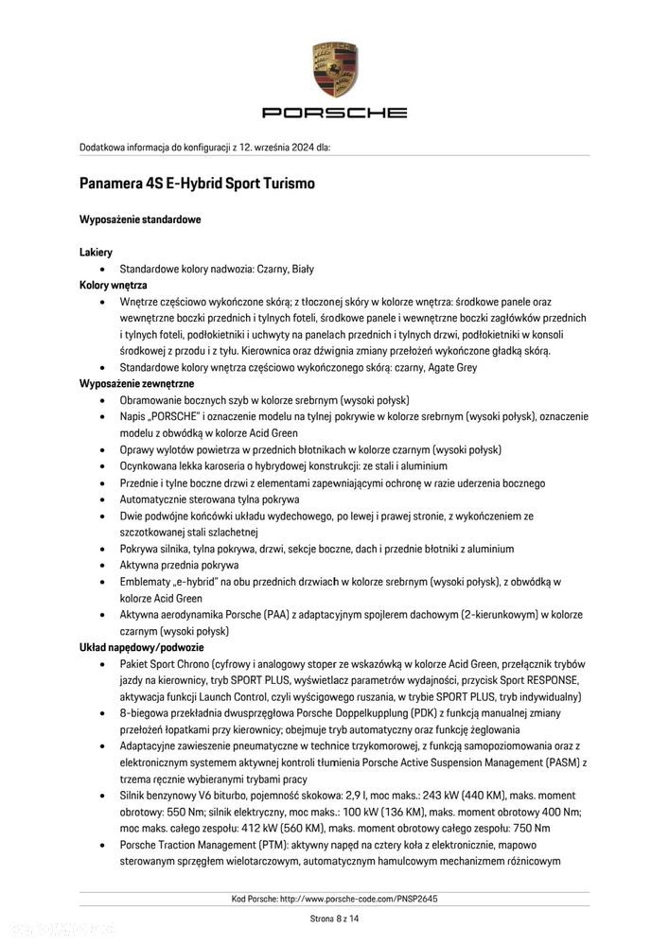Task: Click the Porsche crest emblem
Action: coord(334,69)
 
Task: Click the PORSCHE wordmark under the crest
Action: coord(334,112)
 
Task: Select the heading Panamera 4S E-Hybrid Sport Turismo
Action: coord(197,183)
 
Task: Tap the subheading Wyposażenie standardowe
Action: coord(140,219)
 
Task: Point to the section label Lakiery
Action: coord(96,253)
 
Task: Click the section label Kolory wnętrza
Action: coord(114,284)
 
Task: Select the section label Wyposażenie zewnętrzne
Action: coord(136,383)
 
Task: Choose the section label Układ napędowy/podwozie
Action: coord(141,647)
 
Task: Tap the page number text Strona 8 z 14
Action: coord(334,918)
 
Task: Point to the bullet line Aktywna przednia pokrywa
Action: coord(179,565)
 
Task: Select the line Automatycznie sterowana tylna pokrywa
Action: coord(209,499)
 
